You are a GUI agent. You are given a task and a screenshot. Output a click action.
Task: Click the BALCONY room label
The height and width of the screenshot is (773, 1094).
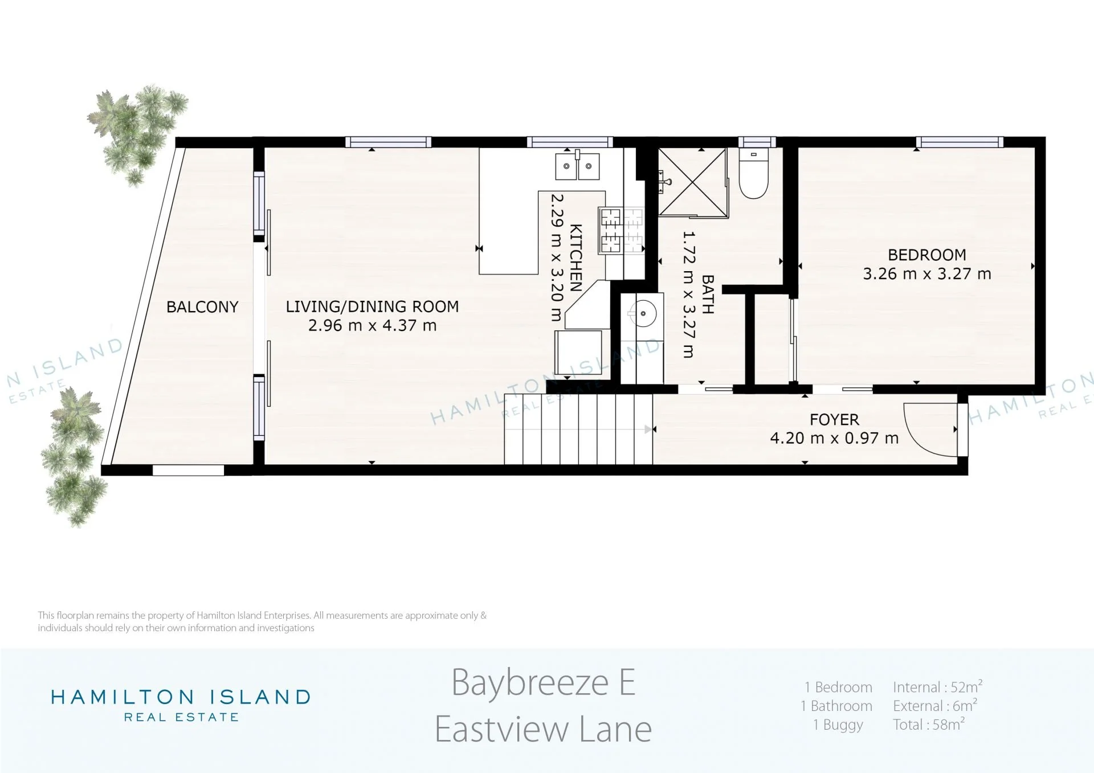pyautogui.click(x=202, y=307)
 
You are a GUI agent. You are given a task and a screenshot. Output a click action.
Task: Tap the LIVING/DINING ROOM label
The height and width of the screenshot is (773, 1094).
pyautogui.click(x=372, y=306)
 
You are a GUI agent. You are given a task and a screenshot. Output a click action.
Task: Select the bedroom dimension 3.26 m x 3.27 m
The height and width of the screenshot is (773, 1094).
pyautogui.click(x=927, y=274)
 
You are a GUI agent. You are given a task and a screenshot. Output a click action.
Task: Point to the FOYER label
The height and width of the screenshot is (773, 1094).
pyautogui.click(x=834, y=420)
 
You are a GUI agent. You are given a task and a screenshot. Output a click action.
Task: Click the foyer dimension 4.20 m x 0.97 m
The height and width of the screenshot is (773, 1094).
pyautogui.click(x=834, y=438)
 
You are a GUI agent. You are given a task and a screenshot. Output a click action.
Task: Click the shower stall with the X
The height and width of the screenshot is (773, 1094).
pyautogui.click(x=693, y=182)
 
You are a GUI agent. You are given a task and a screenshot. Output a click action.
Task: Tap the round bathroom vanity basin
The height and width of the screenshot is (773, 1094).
pyautogui.click(x=643, y=314)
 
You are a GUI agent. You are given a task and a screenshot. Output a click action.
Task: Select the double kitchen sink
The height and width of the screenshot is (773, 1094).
pyautogui.click(x=577, y=166)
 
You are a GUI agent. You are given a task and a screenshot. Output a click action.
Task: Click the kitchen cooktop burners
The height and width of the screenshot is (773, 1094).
pyautogui.click(x=621, y=231)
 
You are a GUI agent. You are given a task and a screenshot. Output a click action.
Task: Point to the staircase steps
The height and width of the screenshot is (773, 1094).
pyautogui.click(x=578, y=429)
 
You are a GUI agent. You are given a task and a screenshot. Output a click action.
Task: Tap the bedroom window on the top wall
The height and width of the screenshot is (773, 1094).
pyautogui.click(x=960, y=142)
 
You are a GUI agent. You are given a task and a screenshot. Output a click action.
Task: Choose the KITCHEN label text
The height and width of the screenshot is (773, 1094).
pyautogui.click(x=576, y=258)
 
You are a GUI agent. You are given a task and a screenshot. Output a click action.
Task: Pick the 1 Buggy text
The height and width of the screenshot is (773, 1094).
pyautogui.click(x=838, y=725)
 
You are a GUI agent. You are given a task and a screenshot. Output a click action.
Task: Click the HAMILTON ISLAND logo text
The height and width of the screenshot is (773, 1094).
pyautogui.click(x=181, y=697)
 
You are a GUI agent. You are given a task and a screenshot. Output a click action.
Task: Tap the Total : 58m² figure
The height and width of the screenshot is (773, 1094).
pyautogui.click(x=929, y=724)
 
